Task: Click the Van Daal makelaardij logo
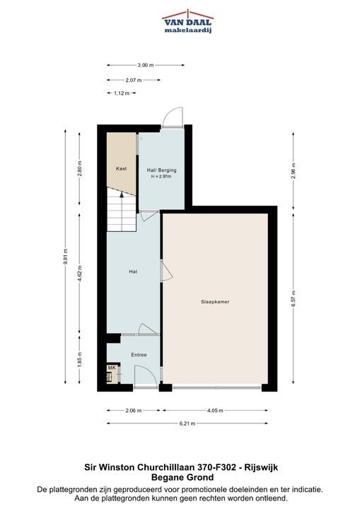click(187, 21)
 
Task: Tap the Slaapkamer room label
click(215, 302)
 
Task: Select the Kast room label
click(121, 168)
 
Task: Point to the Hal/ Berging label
click(161, 170)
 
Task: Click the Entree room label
click(139, 355)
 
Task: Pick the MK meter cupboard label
click(112, 368)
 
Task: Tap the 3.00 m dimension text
click(145, 65)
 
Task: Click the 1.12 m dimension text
click(121, 93)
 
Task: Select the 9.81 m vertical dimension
click(65, 257)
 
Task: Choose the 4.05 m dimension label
click(215, 410)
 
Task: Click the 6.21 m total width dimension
click(187, 423)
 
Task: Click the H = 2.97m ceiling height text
click(161, 177)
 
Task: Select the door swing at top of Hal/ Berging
click(172, 117)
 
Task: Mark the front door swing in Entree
click(146, 375)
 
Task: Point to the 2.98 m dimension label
click(293, 171)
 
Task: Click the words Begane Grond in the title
click(182, 477)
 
